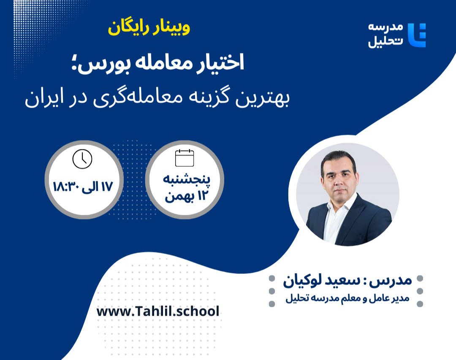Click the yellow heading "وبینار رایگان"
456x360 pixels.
click(x=149, y=28)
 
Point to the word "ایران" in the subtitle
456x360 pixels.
click(x=42, y=100)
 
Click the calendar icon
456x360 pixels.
click(x=185, y=158)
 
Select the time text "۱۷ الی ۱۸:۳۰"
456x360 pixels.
click(x=83, y=186)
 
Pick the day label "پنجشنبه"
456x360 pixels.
click(x=187, y=179)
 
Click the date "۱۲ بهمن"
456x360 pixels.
click(x=186, y=197)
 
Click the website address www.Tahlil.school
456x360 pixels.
click(x=158, y=311)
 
